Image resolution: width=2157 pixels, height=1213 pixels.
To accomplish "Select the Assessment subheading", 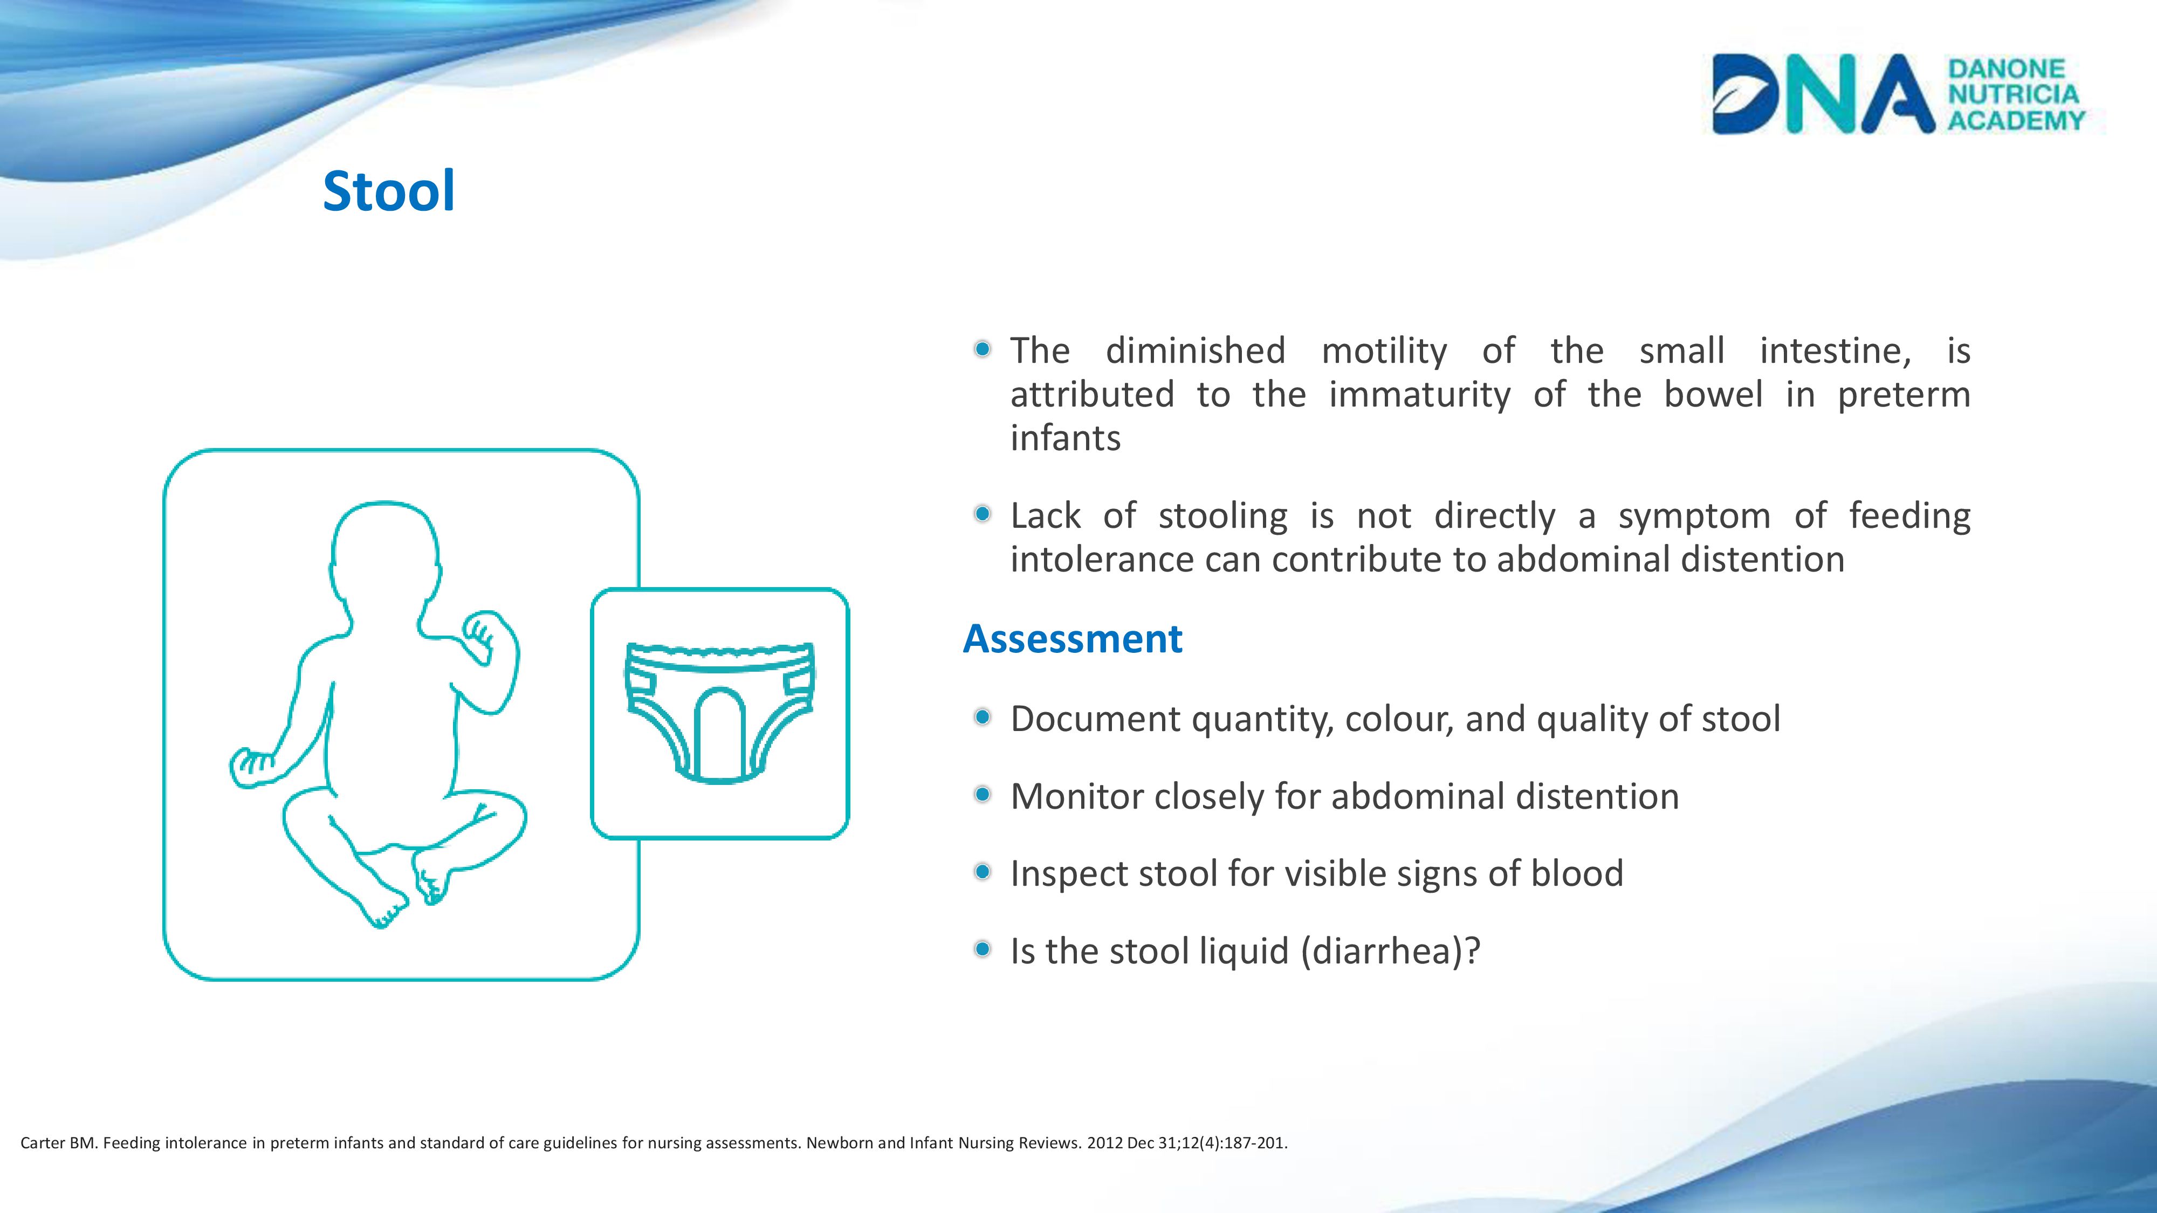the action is click(1073, 639).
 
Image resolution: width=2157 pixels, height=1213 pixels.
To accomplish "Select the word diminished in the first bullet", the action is click(1196, 351).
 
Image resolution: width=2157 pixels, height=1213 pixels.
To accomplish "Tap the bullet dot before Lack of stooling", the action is click(983, 514).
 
